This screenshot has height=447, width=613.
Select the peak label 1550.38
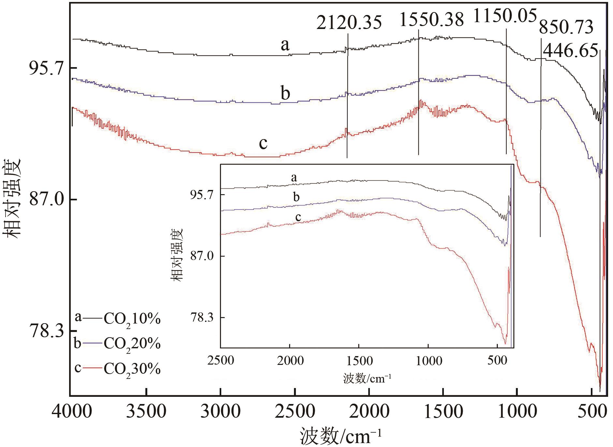click(x=431, y=19)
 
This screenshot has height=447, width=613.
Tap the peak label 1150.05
click(x=504, y=16)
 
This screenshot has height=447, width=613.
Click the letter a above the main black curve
click(x=285, y=45)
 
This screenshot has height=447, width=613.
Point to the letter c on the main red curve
click(x=263, y=143)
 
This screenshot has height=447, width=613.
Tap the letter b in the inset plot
click(x=296, y=197)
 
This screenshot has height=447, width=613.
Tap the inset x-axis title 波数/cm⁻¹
click(x=367, y=379)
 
